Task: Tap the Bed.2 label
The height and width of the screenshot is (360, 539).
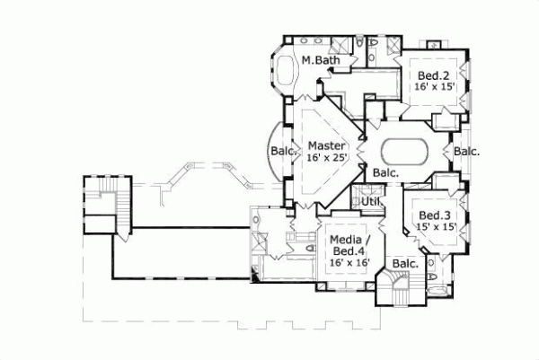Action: [433, 75]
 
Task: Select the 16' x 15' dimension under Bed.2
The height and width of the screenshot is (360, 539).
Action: [436, 88]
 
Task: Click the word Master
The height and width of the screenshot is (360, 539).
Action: [322, 145]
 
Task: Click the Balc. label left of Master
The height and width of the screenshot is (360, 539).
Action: [284, 152]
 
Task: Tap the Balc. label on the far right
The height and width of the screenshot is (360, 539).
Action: [466, 152]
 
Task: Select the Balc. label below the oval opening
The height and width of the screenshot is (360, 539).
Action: [386, 172]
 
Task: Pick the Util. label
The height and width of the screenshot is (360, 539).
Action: [372, 203]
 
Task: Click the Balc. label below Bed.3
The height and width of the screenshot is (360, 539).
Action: [405, 264]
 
